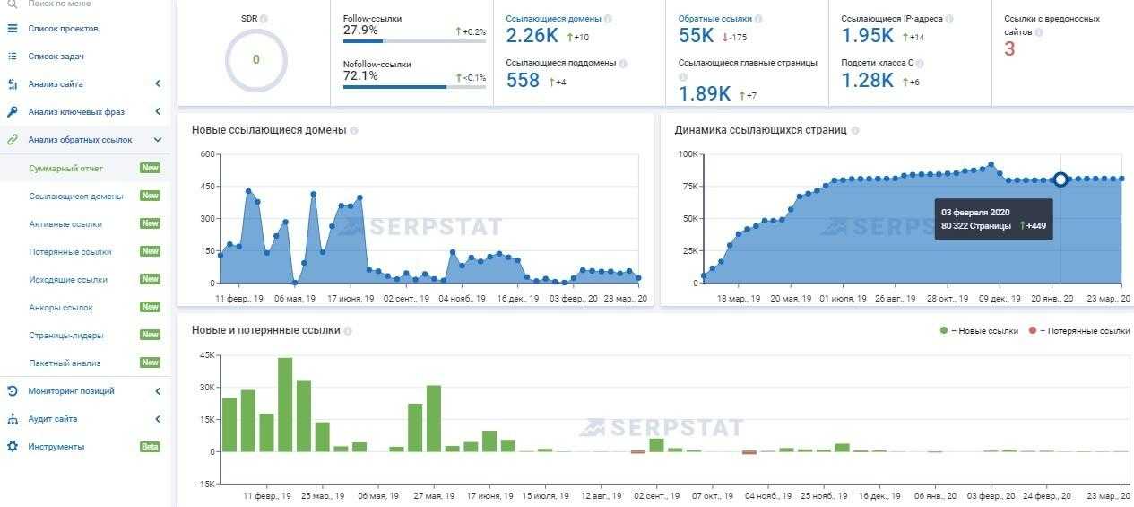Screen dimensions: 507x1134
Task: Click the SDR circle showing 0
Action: [255, 60]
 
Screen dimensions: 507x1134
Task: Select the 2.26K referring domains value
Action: [532, 36]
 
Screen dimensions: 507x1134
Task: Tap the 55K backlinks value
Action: [697, 36]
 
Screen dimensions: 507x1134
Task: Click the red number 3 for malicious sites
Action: [1009, 49]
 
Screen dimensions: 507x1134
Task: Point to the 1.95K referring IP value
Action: [867, 36]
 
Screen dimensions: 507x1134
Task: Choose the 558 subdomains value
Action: [523, 81]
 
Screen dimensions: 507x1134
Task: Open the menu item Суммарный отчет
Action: [65, 168]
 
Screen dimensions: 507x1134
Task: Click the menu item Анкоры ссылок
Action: [61, 307]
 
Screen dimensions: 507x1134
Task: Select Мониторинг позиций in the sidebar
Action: [71, 391]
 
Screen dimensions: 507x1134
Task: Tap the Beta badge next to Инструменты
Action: [150, 447]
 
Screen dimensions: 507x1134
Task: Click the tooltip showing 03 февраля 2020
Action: [992, 219]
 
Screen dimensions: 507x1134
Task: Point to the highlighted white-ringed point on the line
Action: [1060, 179]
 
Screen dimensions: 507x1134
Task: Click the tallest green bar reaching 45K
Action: [285, 404]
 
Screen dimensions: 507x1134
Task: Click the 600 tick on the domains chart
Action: [207, 154]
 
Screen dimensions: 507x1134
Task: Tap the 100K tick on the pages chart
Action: [687, 154]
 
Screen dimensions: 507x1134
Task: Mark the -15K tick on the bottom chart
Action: [205, 485]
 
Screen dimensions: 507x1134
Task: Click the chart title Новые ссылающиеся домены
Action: [268, 130]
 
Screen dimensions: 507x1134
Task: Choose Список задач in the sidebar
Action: [56, 57]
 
